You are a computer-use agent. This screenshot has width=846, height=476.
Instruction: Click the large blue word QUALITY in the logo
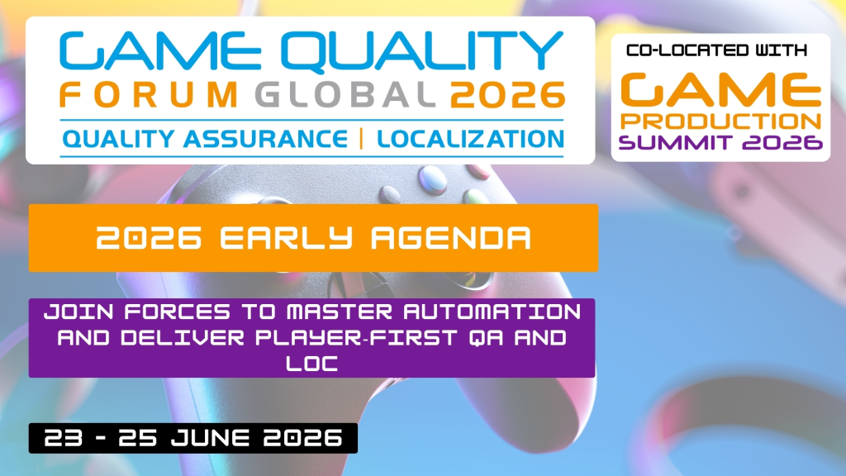422,52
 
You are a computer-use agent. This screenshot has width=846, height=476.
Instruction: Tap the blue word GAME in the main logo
160,50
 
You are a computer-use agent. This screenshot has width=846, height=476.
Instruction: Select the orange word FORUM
149,95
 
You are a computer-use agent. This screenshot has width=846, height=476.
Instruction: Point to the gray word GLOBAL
346,95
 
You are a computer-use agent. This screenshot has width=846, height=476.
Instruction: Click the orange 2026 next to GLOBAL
508,95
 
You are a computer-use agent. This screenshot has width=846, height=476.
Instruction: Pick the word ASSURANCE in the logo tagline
265,139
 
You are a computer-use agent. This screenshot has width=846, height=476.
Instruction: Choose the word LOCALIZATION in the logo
470,139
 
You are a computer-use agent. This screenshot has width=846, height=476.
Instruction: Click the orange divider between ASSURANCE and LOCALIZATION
362,139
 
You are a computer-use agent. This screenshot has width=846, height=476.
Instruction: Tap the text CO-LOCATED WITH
716,50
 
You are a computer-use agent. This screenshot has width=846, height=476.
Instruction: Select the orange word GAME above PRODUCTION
720,89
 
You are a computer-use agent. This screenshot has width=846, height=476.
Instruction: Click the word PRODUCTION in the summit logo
720,121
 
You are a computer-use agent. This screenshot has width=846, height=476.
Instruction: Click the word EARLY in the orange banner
286,238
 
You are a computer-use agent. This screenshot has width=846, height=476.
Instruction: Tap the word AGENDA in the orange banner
451,238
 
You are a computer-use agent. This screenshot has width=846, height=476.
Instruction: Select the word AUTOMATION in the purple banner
492,312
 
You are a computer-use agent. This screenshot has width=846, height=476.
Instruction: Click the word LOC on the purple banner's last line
311,364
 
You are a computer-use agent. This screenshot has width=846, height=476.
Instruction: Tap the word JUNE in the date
211,438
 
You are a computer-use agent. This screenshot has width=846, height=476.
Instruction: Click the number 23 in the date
64,438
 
